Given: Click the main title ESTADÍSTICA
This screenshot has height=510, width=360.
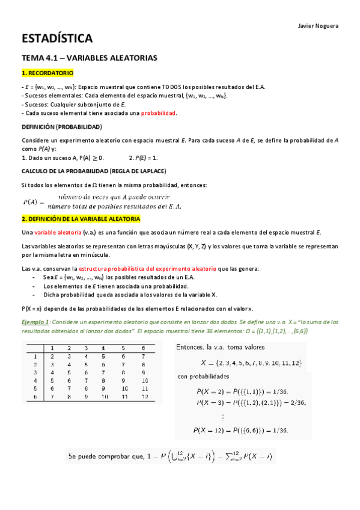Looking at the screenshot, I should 56,40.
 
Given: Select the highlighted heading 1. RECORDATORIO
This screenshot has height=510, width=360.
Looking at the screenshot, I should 47,73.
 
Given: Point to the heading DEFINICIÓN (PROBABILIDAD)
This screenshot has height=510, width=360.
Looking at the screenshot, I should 61,127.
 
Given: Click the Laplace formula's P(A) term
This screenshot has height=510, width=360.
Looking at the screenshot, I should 34,201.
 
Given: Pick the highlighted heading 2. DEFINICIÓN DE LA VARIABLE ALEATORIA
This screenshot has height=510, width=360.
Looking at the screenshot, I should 81,218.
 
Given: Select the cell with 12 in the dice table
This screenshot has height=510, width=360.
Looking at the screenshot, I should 142,397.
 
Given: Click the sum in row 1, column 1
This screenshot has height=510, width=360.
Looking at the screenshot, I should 52,356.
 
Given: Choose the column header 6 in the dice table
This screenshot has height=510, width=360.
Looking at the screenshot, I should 142,348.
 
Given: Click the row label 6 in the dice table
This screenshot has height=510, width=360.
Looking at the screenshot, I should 35,397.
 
